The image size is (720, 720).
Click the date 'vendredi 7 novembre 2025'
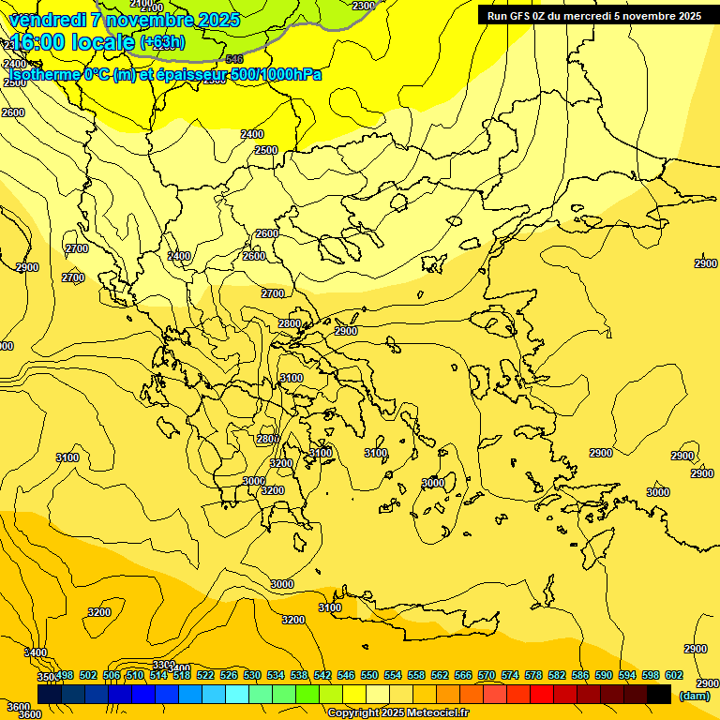pos(124,20)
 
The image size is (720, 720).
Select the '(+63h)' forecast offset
pos(162,42)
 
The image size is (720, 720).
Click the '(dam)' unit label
pos(694,696)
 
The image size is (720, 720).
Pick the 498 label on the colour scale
pos(65,675)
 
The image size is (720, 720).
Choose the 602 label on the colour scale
pos(674,675)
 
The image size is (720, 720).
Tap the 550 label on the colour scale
pos(369,675)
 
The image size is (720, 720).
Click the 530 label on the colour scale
pos(252,675)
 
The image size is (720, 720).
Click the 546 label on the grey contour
pos(234,59)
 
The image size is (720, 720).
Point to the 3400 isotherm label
pos(36,652)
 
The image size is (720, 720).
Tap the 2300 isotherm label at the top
pos(363,6)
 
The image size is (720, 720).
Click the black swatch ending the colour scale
pos(659,694)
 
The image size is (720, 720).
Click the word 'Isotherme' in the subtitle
pos(45,74)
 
